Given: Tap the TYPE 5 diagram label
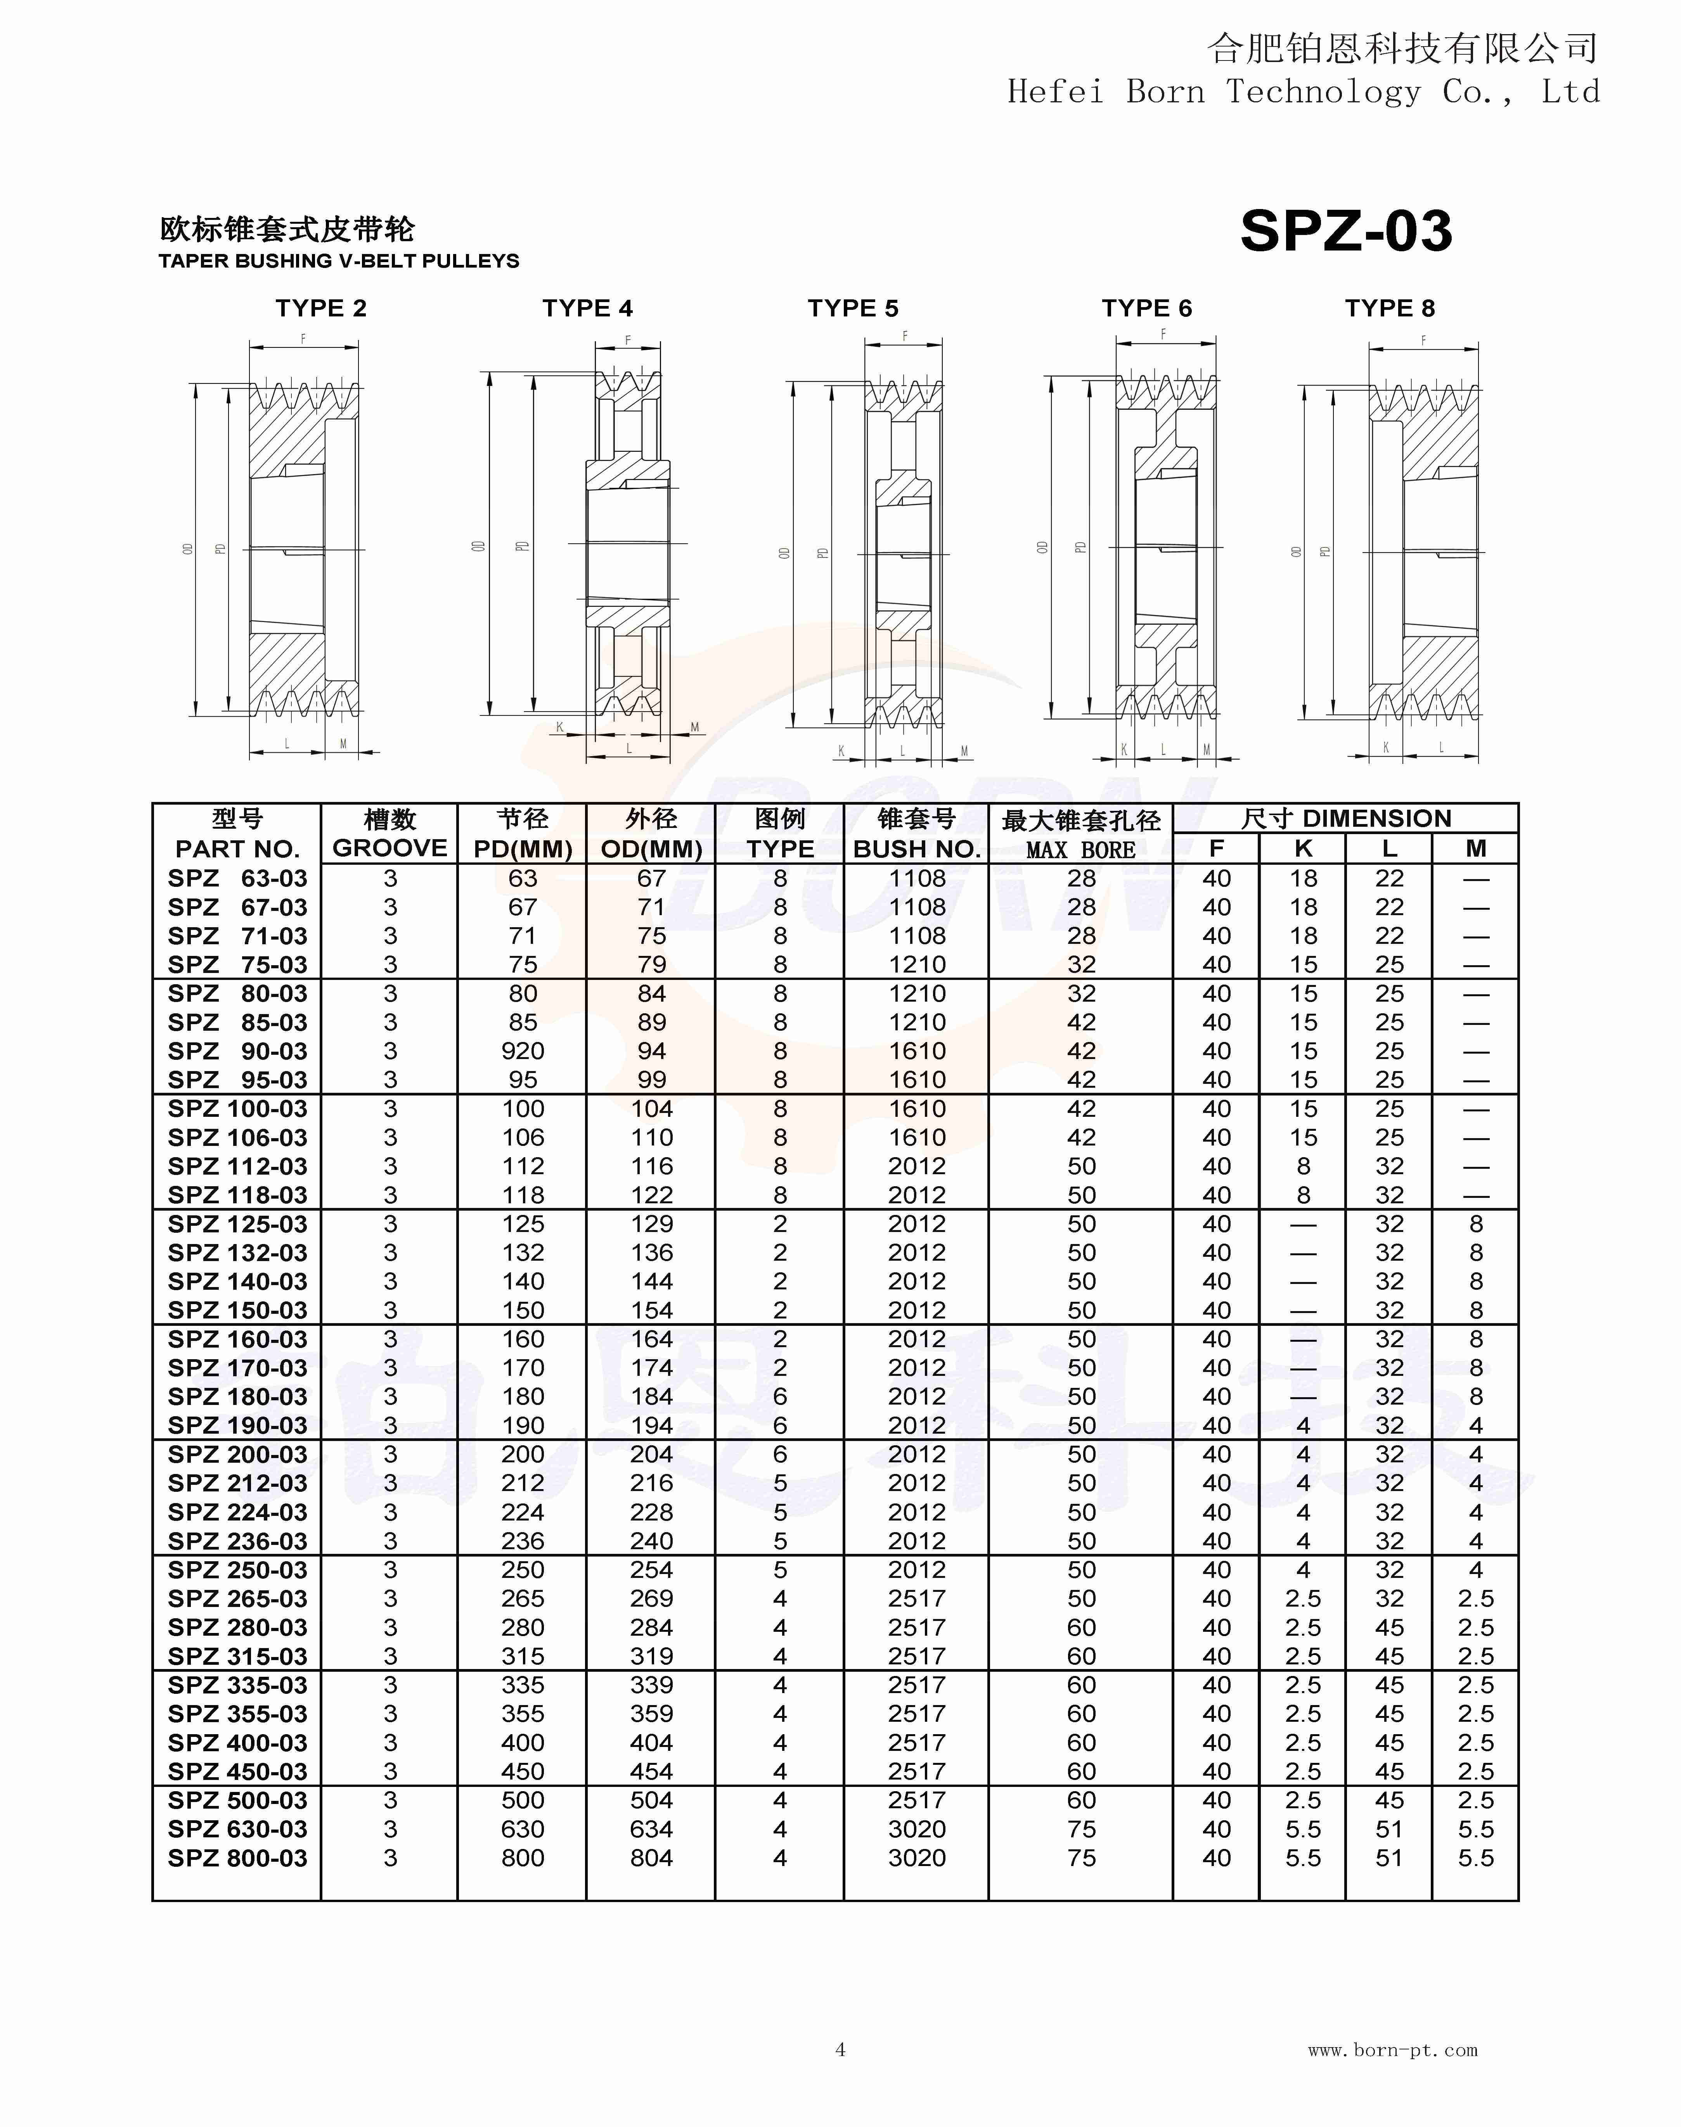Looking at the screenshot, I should [x=852, y=309].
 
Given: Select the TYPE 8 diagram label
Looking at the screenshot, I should [x=1390, y=309].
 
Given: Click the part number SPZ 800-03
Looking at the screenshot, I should [x=237, y=1858].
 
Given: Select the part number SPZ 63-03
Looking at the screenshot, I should [x=237, y=879].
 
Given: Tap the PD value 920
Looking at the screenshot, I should [x=523, y=1052].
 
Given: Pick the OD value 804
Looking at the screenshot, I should [x=651, y=1858].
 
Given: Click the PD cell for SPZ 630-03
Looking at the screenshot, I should [x=523, y=1830].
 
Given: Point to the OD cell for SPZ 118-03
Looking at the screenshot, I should [x=651, y=1195].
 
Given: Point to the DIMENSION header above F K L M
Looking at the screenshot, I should [x=1345, y=819].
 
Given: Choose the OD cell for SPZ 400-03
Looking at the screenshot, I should [x=651, y=1743].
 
